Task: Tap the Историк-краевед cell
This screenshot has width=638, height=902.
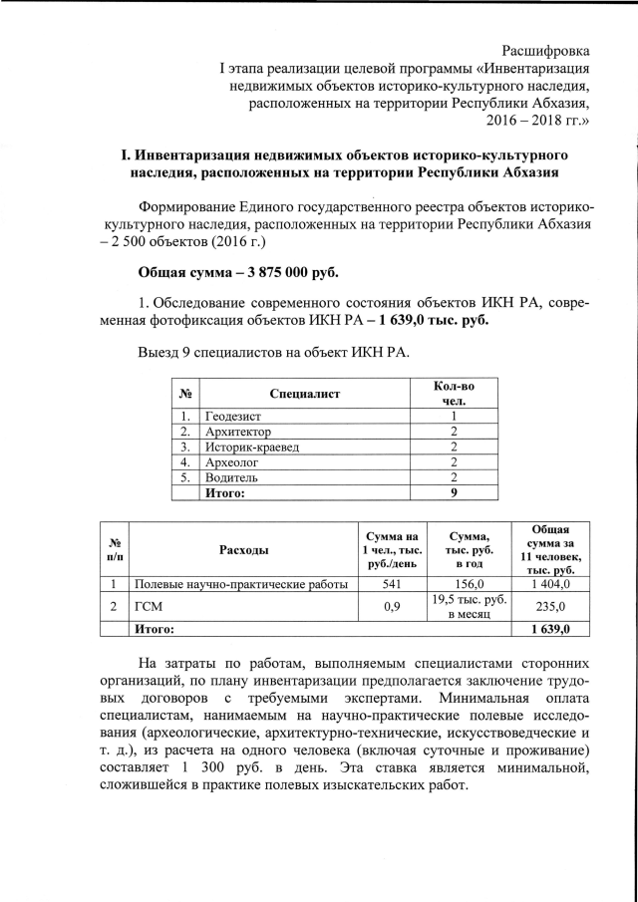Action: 251,447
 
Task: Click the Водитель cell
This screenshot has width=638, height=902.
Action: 230,476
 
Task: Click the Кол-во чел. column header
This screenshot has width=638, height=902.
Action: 454,393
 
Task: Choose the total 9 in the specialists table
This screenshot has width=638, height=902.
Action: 454,491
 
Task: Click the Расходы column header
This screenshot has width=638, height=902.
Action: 244,549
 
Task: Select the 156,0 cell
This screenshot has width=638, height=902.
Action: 469,583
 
